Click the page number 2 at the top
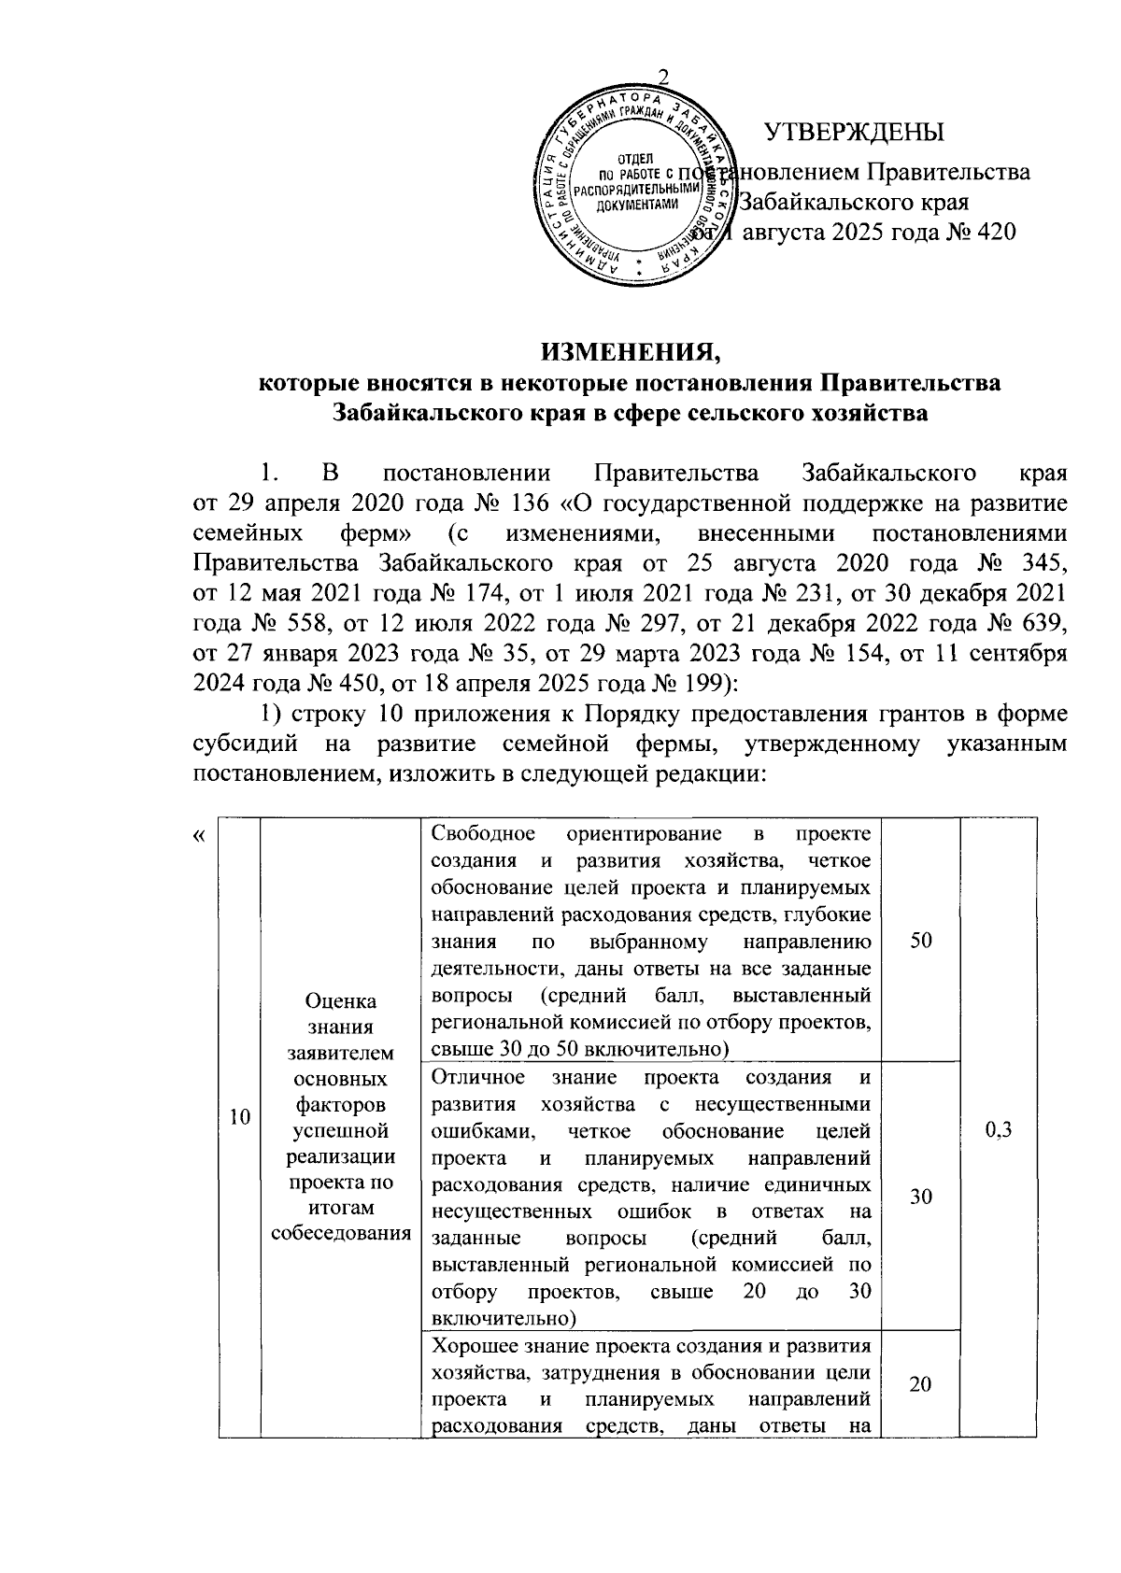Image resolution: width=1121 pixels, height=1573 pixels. [x=663, y=78]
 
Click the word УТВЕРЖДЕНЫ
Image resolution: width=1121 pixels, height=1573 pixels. [x=854, y=133]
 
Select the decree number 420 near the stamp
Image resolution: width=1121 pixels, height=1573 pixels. [x=992, y=232]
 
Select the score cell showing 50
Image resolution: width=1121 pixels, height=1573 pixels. [x=920, y=941]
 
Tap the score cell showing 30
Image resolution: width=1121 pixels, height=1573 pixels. [x=920, y=1197]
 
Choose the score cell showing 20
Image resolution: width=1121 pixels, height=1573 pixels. [x=920, y=1384]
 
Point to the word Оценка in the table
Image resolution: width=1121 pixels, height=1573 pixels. [x=341, y=1001]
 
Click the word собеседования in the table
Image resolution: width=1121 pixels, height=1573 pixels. [x=341, y=1232]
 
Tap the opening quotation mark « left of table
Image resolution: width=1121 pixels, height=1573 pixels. [x=199, y=834]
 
